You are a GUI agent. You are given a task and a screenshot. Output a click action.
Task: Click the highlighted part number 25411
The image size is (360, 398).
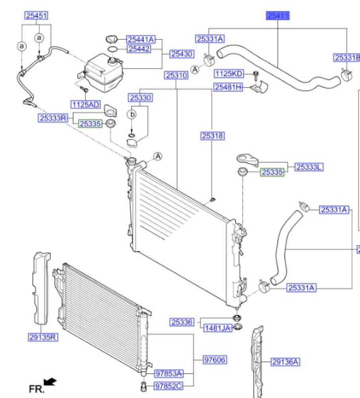point(278,16)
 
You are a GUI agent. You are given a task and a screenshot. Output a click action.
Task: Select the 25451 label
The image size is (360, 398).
point(37,16)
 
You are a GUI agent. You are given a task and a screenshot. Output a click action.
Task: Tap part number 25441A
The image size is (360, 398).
point(140,39)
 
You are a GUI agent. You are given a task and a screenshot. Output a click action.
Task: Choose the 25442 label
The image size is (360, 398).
point(138,49)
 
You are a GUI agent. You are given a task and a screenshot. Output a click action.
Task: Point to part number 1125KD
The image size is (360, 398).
point(229,74)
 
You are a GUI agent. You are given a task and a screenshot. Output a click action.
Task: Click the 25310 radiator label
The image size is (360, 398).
point(177,75)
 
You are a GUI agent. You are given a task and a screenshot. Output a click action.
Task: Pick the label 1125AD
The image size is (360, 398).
point(85,105)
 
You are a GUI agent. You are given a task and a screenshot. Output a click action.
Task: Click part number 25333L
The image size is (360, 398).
point(308,168)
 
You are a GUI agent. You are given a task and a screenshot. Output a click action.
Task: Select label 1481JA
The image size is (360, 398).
point(218,329)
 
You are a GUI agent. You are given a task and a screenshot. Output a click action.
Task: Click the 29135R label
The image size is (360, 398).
point(43,338)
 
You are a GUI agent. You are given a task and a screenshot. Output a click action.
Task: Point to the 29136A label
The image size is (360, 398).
point(285,362)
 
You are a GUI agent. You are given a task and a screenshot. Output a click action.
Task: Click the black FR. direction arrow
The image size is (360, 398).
point(50,382)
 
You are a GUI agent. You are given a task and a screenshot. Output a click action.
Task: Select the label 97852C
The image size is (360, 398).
point(169,386)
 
